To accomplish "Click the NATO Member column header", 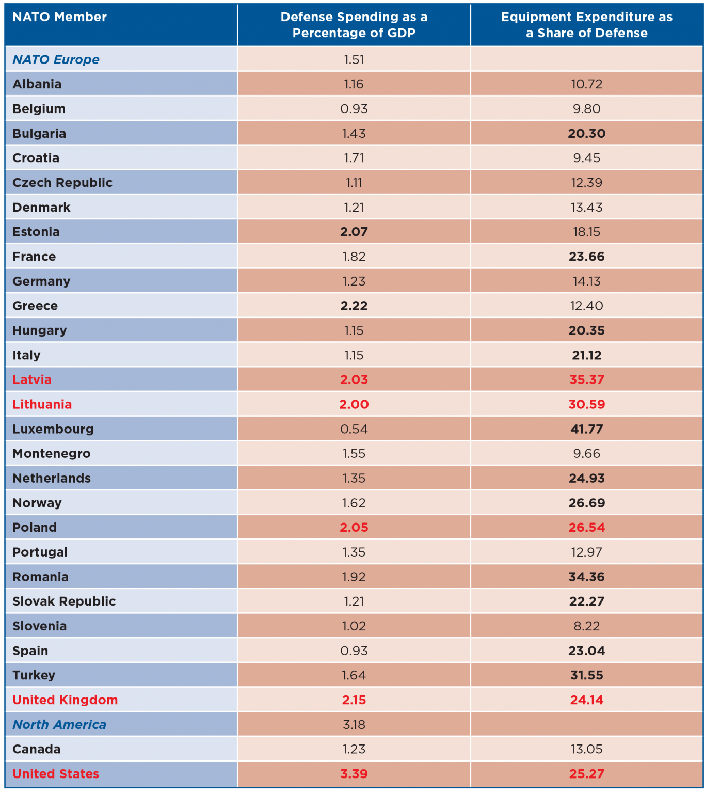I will [x=59, y=17].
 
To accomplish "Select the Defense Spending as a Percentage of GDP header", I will [x=354, y=25].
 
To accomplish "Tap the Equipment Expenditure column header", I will [x=586, y=25].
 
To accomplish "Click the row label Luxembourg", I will [x=53, y=429].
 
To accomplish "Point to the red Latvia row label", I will [x=32, y=379].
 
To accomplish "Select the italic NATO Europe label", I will [x=56, y=59].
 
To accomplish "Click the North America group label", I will [x=59, y=724].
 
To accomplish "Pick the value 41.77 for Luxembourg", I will [x=586, y=429].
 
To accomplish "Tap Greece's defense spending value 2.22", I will [x=354, y=306].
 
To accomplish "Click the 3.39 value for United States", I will [x=354, y=773].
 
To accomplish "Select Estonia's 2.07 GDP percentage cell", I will [x=354, y=232].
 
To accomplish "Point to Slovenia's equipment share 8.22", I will [x=586, y=626].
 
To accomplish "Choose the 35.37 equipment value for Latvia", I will [x=586, y=379].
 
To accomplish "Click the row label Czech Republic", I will [x=62, y=183].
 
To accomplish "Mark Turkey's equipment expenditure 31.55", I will [x=586, y=675].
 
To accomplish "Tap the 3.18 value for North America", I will [x=354, y=724].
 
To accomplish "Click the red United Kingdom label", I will [x=65, y=700].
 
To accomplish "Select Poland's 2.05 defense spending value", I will [x=354, y=527].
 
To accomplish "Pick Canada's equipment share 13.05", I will [x=586, y=749].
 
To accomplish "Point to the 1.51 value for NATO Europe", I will [x=354, y=59].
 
